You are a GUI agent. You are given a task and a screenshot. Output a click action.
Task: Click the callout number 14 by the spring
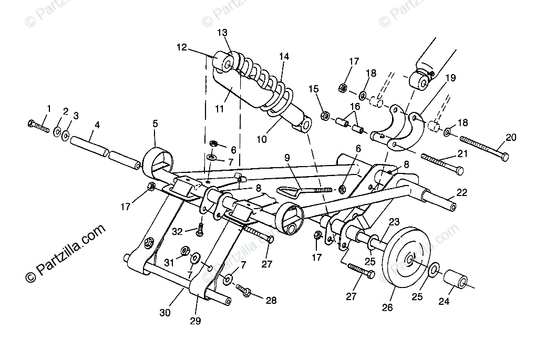(284, 56)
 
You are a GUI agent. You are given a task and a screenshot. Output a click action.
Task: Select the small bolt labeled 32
(200, 228)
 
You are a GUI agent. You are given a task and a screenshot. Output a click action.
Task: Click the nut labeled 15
(325, 114)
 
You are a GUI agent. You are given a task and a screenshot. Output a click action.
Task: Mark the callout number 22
(461, 193)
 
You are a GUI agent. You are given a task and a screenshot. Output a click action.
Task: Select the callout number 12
(181, 47)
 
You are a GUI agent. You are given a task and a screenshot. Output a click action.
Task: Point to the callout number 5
(155, 124)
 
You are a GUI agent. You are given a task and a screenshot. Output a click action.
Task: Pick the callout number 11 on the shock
(219, 109)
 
